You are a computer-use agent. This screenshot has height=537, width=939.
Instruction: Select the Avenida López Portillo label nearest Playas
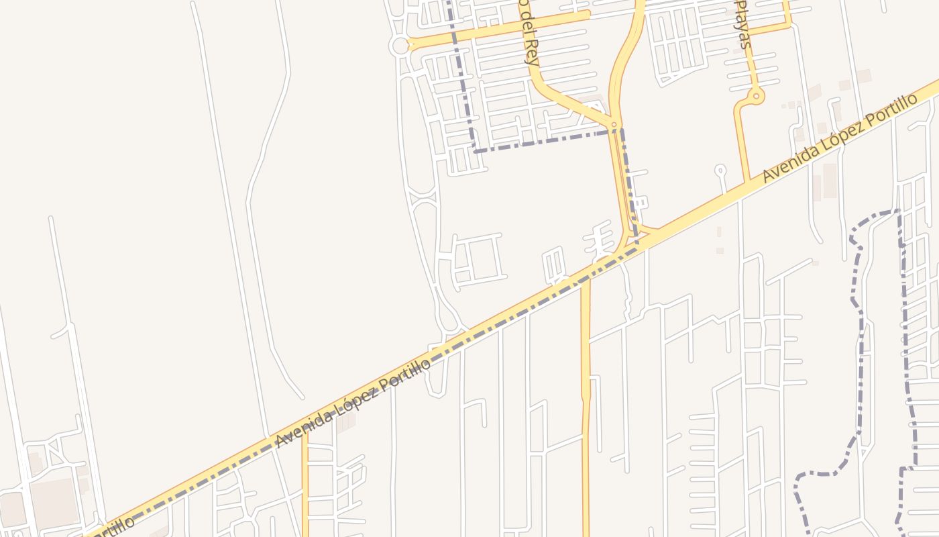point(840,138)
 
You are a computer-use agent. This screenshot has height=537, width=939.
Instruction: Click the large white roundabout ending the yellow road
point(400,46)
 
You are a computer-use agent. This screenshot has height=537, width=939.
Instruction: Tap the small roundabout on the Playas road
point(757,97)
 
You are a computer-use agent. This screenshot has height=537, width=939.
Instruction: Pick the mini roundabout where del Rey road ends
point(614,125)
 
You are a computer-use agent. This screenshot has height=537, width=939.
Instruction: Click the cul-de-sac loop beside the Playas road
point(720,169)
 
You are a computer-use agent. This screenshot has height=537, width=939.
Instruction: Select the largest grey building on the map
point(54,501)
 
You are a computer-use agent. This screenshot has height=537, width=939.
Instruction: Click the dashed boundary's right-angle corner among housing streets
point(475,151)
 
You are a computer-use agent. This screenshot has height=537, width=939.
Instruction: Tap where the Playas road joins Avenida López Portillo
point(746,183)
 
